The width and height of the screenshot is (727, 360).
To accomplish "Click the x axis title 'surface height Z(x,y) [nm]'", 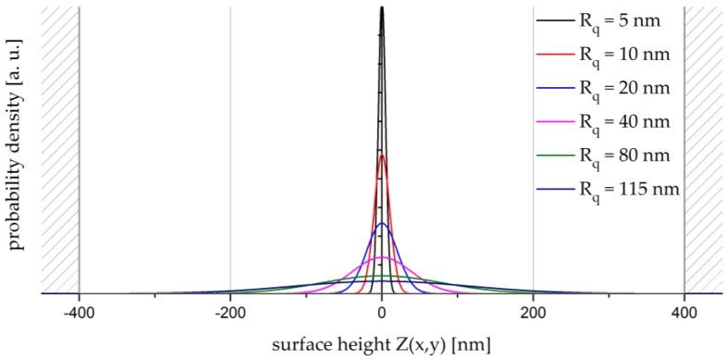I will [381, 345].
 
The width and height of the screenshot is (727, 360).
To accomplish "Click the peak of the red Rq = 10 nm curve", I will [382, 155].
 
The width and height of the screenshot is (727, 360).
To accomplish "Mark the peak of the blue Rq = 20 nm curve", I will [382, 223].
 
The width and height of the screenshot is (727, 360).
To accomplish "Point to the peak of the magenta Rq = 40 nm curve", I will [382, 257].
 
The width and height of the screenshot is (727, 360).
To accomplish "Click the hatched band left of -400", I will [60, 148].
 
